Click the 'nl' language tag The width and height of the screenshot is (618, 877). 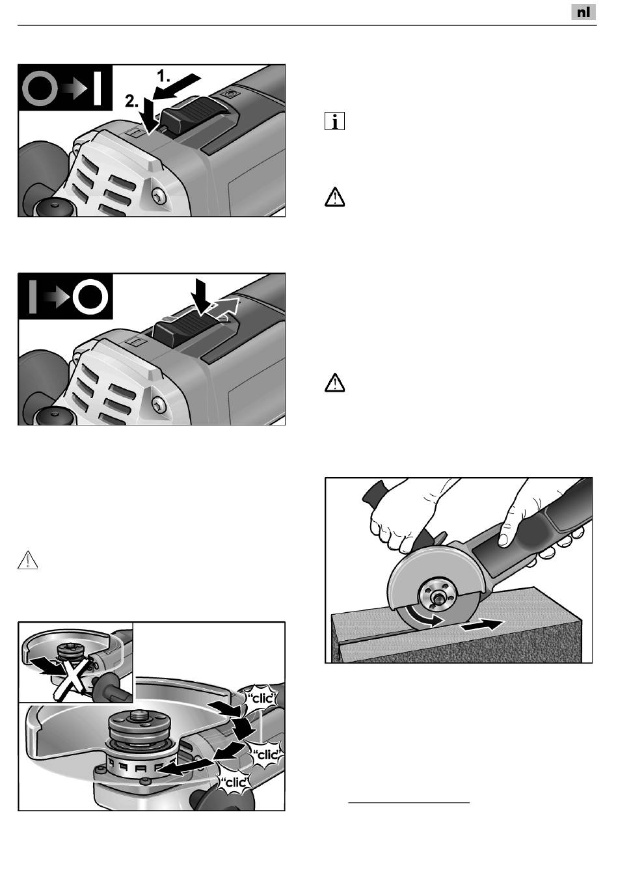pyautogui.click(x=583, y=12)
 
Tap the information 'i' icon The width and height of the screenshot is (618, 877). pyautogui.click(x=334, y=121)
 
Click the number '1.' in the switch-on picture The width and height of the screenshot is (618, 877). pyautogui.click(x=163, y=76)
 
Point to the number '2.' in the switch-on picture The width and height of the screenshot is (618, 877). pyautogui.click(x=132, y=101)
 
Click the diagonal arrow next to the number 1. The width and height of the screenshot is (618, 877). pyautogui.click(x=177, y=87)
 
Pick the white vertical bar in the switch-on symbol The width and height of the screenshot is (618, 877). pyautogui.click(x=98, y=87)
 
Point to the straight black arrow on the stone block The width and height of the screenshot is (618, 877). pyautogui.click(x=482, y=625)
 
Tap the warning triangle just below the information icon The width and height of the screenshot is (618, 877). pyautogui.click(x=334, y=197)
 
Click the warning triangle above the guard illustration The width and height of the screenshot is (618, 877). pyautogui.click(x=28, y=560)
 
